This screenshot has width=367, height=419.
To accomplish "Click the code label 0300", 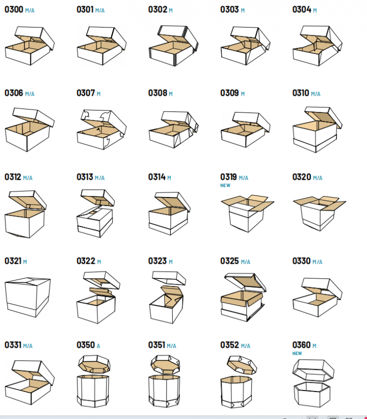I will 14,10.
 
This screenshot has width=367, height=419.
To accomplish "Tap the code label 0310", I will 301,93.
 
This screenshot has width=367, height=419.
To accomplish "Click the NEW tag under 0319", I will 225,185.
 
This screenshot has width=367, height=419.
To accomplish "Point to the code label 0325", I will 229,261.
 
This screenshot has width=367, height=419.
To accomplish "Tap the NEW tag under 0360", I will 297,353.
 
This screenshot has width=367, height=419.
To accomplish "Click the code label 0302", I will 158,10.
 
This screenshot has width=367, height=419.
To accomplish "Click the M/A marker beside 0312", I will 28,178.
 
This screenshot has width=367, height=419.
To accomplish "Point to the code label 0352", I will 229,345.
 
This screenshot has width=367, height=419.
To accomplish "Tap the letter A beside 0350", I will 98,346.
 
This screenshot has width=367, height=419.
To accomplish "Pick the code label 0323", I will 158,261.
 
